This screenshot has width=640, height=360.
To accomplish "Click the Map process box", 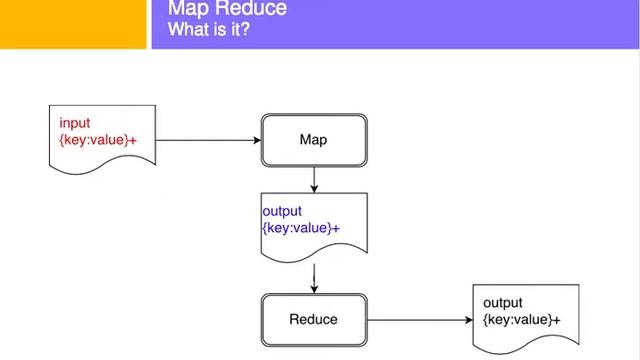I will [314, 140].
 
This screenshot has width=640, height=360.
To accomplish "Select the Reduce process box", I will [314, 320].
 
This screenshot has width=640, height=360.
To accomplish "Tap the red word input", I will [75, 123].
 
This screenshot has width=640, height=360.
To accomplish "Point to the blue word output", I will [282, 212].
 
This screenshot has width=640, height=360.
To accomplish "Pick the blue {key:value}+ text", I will [301, 228].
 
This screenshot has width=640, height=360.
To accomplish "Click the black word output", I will [503, 303].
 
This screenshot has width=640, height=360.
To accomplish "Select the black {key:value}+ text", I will [521, 319].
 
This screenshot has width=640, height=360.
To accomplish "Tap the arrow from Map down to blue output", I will [314, 180].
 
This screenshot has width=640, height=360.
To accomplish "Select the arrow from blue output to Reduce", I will [314, 277].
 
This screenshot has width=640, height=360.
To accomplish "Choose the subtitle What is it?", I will [209, 30].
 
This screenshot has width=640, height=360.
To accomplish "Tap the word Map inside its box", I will [314, 140].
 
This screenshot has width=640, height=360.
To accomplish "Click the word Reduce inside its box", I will [314, 320].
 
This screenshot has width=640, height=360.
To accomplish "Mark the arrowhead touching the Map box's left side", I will [256, 140].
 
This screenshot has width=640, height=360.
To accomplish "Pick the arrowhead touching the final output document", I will [468, 320].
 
